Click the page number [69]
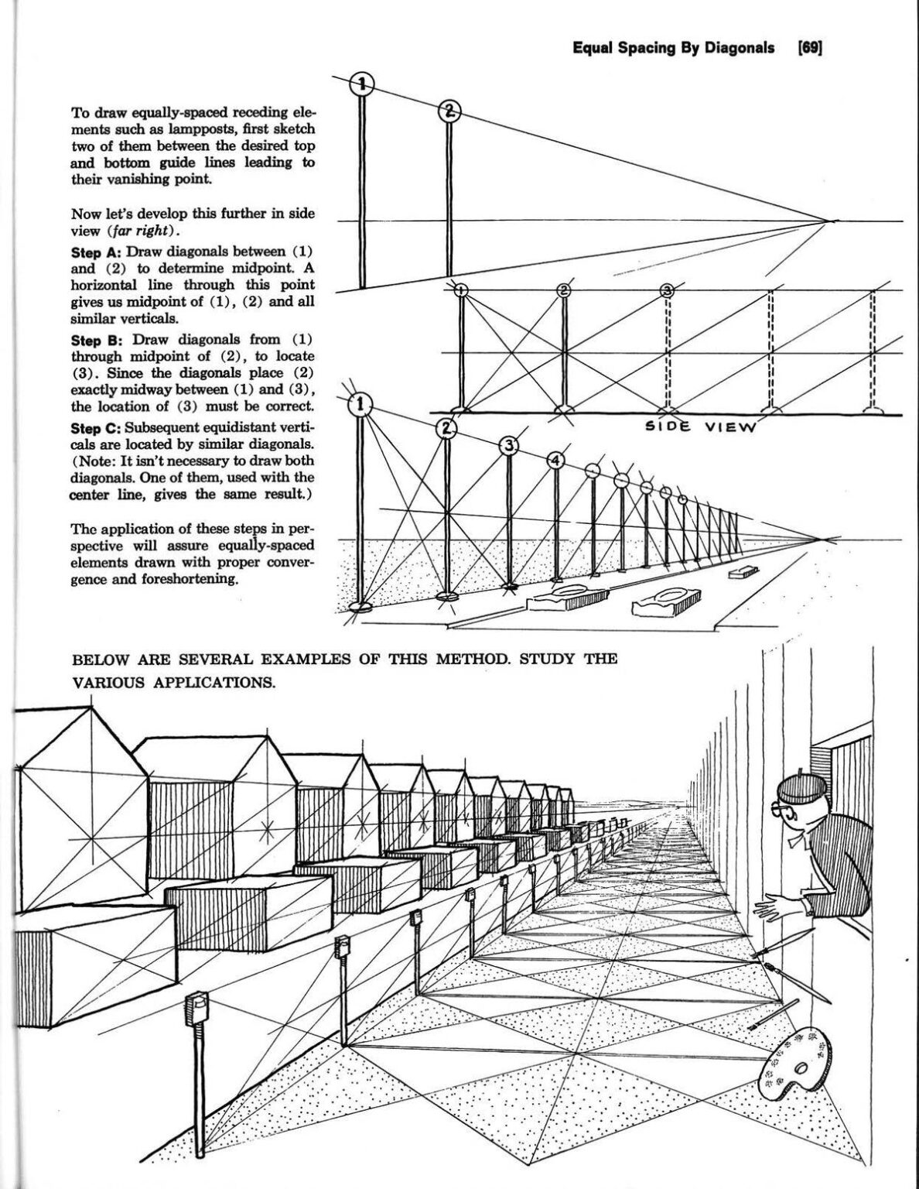click(x=810, y=48)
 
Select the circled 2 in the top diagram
click(x=449, y=112)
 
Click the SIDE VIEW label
click(x=700, y=427)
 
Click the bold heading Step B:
click(x=96, y=339)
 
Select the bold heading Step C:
click(x=96, y=427)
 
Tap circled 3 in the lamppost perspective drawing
click(x=509, y=446)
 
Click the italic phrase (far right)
click(x=146, y=231)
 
